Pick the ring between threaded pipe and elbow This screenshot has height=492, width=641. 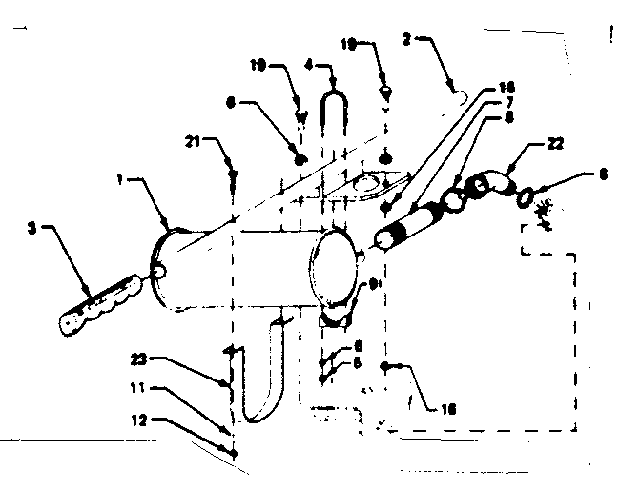pos(452,201)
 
